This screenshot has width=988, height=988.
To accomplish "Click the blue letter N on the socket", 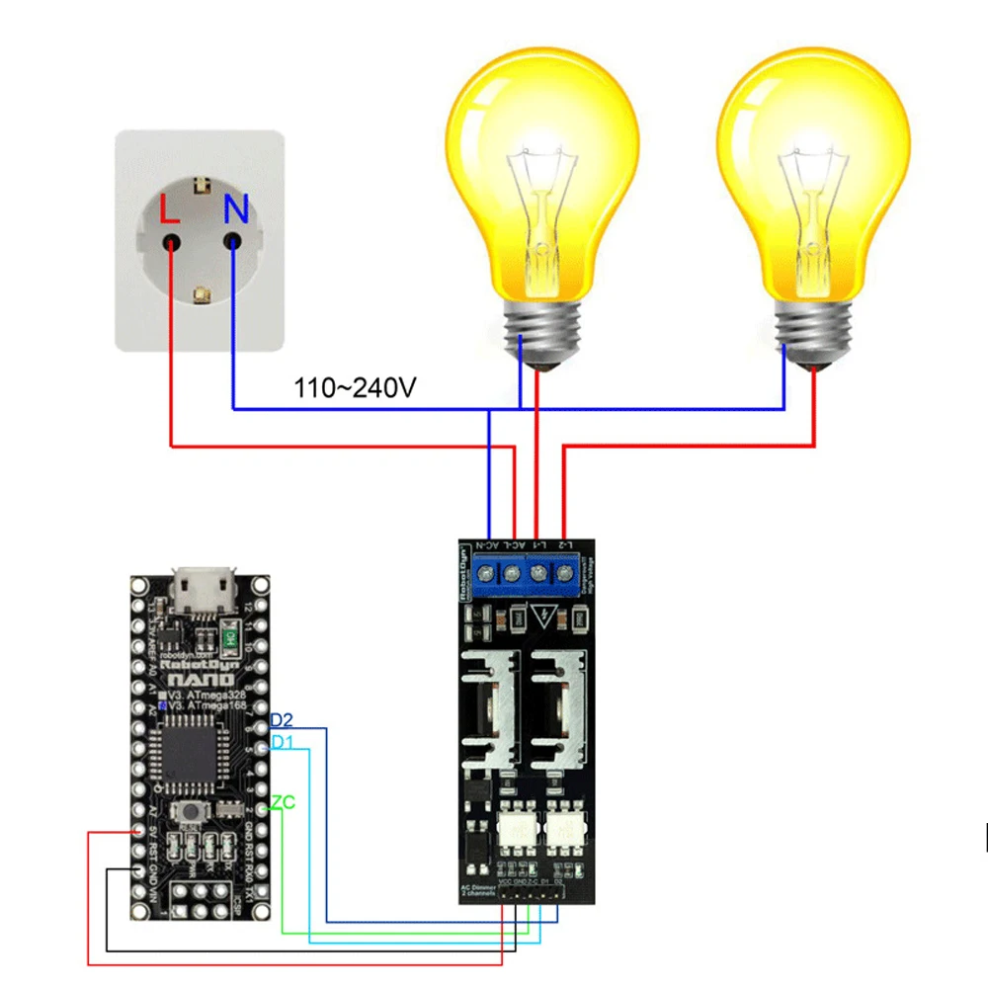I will pyautogui.click(x=235, y=208).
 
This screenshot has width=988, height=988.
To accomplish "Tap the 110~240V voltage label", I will pyautogui.click(x=355, y=387).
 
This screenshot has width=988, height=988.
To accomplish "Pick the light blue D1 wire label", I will pyautogui.click(x=282, y=741).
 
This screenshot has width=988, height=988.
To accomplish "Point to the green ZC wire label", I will pyautogui.click(x=283, y=802).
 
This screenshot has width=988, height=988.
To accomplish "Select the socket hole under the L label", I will pyautogui.click(x=172, y=241).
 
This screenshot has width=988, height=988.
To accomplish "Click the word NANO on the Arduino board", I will pyautogui.click(x=202, y=681).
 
